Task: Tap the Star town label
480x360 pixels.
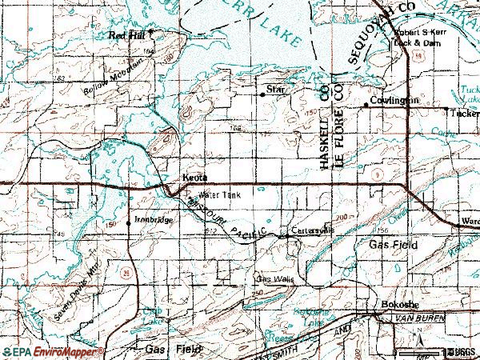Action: [276, 90]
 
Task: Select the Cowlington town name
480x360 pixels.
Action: [394, 104]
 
